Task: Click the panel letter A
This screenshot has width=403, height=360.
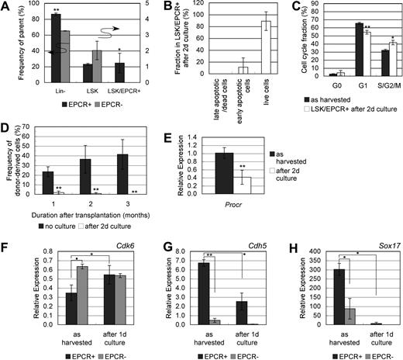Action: coord(5,7)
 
